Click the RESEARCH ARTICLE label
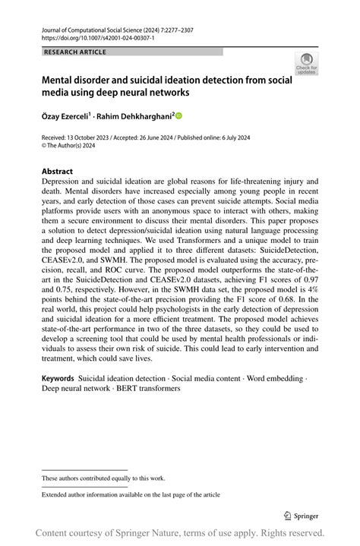pos(75,52)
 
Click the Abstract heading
pos(58,172)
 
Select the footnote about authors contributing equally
pos(103,478)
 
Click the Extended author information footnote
pos(131,494)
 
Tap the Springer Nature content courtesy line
pos(179,532)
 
